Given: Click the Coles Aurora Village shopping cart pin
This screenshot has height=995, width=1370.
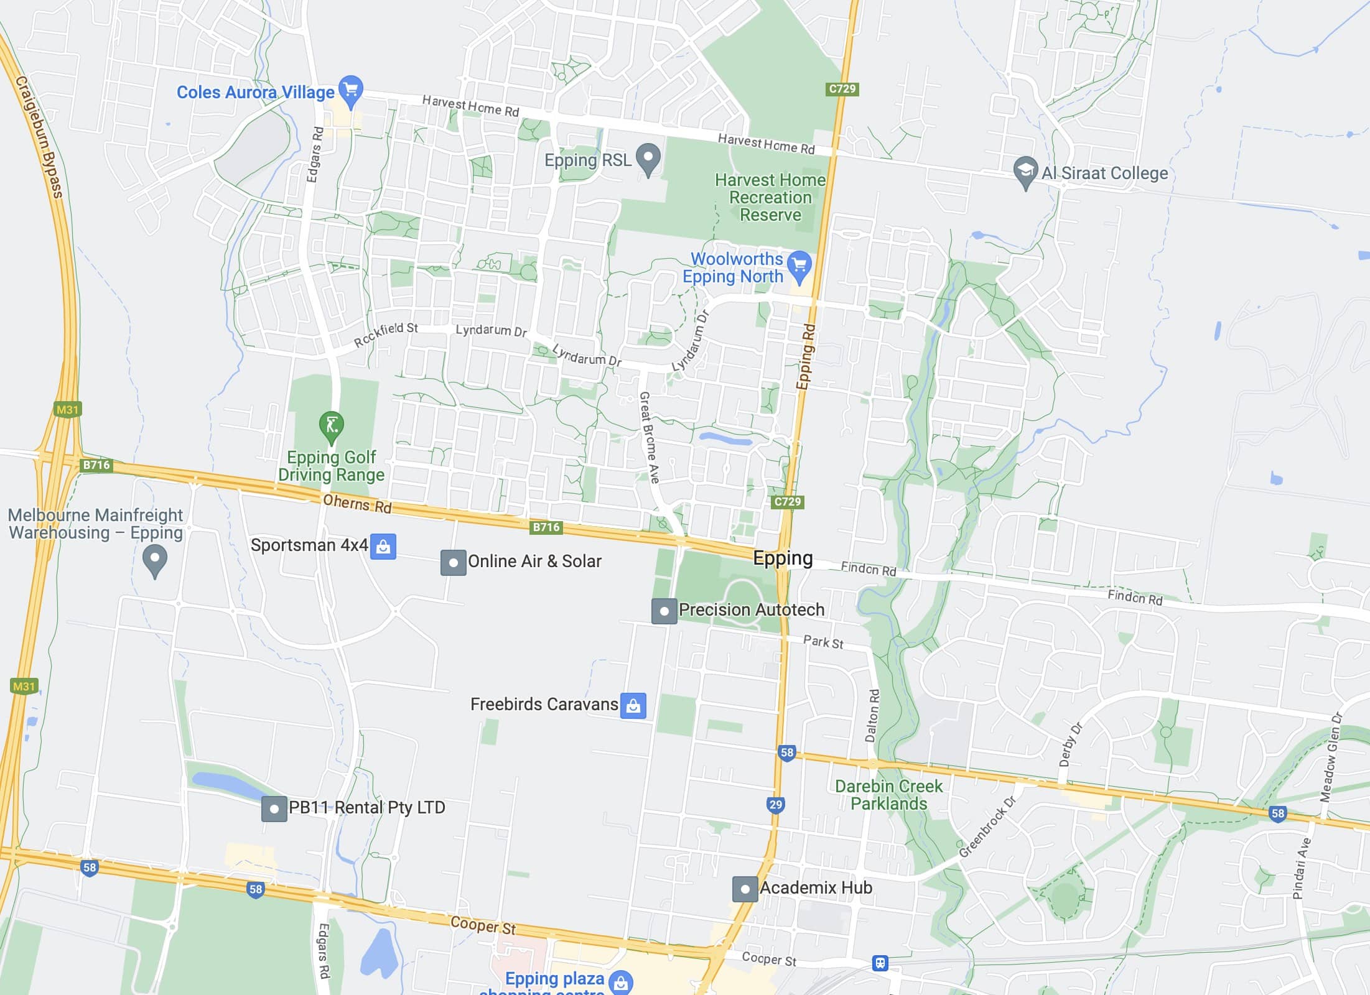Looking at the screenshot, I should click(351, 91).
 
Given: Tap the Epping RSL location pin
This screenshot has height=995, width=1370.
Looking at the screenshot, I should click(648, 159).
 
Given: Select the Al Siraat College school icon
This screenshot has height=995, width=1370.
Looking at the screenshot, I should click(1025, 172).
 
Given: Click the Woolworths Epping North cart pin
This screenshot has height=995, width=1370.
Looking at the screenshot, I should click(799, 266).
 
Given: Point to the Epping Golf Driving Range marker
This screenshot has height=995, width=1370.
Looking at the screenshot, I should click(332, 426).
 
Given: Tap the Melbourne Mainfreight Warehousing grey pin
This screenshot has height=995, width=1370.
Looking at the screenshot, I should click(155, 560).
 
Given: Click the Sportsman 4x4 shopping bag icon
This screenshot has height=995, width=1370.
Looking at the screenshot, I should click(383, 547).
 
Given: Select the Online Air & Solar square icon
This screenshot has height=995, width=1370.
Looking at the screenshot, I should click(454, 562).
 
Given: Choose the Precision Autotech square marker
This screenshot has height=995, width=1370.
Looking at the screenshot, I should click(664, 611).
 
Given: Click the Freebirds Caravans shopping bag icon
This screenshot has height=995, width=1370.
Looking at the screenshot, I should click(633, 706).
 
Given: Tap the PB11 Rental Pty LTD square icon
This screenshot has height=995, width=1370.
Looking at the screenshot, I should click(274, 809).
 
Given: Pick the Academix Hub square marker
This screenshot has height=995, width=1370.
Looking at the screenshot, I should click(745, 889).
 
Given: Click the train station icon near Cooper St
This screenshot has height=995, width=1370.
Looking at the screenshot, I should click(880, 963).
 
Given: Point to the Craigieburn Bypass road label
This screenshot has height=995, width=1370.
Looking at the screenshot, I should click(40, 137).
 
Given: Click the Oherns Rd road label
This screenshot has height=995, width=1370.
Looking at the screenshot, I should click(357, 504).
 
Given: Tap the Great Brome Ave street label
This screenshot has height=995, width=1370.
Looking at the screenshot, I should click(649, 437).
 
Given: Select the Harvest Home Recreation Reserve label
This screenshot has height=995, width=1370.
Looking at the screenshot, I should click(770, 198).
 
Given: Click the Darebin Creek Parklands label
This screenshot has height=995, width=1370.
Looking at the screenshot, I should click(888, 795).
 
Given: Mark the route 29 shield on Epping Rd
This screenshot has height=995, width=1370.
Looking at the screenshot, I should click(775, 805).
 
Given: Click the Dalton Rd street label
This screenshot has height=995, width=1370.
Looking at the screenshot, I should click(872, 715).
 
